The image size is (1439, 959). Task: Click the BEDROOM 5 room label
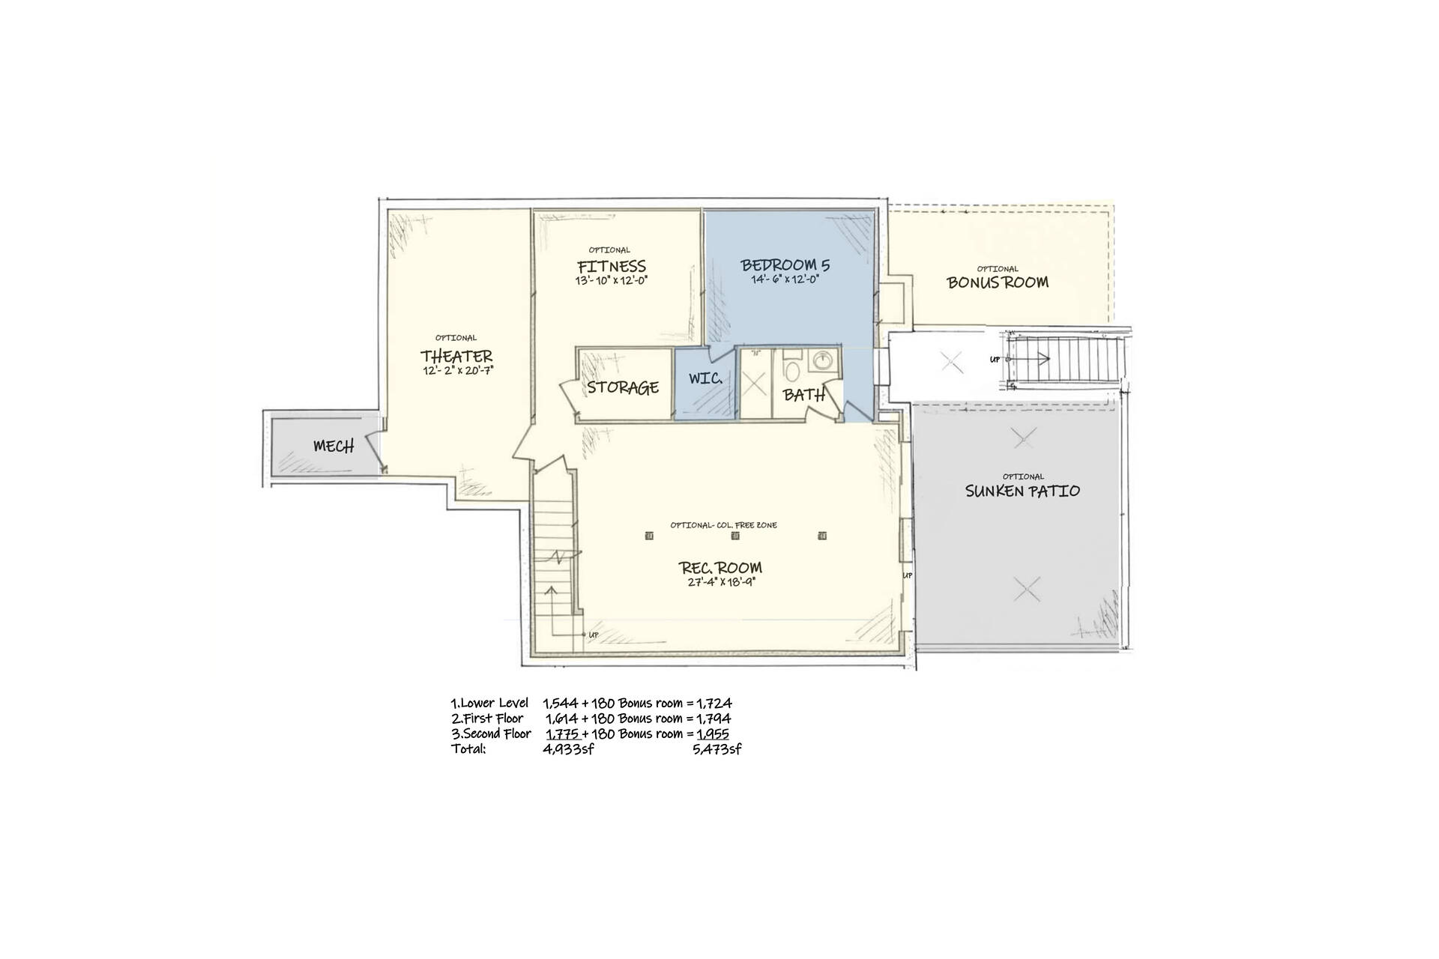point(785,265)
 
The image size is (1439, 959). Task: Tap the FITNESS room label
point(612,266)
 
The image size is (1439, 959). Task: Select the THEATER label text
point(456,356)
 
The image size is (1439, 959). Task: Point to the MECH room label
point(334,447)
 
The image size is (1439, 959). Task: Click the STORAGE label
point(623,387)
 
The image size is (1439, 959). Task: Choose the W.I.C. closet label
point(705,379)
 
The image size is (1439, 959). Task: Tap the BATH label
point(804,395)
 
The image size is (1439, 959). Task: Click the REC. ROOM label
point(720,567)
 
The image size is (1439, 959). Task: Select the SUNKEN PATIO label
point(1022,491)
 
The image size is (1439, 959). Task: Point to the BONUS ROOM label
point(998,282)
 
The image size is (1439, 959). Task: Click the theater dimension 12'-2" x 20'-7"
point(457,370)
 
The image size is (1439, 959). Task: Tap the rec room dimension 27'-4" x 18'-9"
point(721,581)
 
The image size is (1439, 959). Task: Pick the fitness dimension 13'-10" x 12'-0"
point(612,280)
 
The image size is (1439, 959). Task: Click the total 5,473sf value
point(717,748)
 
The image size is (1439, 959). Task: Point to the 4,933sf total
point(568,748)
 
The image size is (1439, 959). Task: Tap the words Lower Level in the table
point(495,703)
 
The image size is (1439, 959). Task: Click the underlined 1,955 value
point(713,733)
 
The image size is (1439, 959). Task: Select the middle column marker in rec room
point(735,536)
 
